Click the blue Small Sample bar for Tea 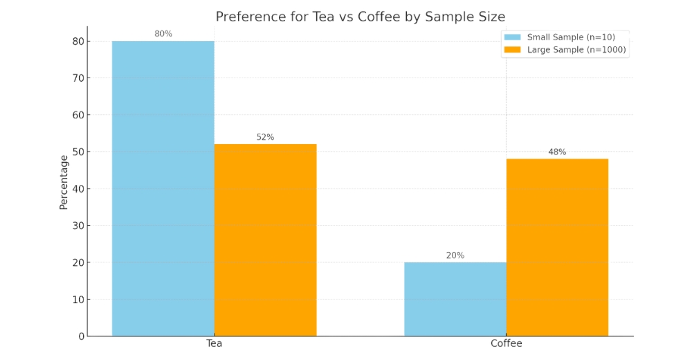163,188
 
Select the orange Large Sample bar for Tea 265,240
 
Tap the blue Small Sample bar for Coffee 455,299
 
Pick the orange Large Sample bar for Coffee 557,247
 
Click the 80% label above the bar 163,34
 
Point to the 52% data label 265,137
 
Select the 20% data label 455,255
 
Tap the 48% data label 557,152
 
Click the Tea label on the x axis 214,343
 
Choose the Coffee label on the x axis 506,343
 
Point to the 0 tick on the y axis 81,336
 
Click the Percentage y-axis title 64,182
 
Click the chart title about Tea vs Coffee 360,17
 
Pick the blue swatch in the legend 512,37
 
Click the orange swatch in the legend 512,50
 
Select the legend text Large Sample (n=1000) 577,50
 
